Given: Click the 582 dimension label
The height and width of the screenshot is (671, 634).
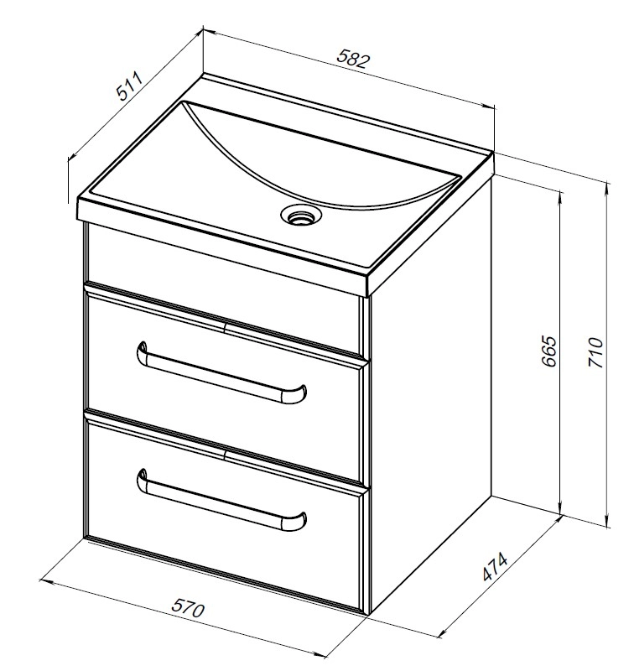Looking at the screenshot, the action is (352, 59).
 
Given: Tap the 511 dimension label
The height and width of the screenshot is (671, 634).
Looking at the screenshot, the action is (129, 86).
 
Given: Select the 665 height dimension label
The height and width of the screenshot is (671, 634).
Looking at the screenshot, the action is (548, 351).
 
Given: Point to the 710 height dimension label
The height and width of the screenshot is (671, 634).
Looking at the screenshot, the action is (595, 352).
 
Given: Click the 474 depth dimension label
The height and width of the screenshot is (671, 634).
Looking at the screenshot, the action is (495, 567).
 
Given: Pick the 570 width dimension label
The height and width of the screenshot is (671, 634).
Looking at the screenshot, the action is (188, 608).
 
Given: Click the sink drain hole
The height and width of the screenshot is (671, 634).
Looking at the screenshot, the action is (300, 215).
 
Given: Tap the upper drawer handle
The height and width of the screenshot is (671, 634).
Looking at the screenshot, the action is (221, 372).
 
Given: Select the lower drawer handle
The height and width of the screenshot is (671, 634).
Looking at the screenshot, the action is (221, 500).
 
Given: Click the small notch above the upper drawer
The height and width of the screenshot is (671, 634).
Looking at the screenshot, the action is (224, 329).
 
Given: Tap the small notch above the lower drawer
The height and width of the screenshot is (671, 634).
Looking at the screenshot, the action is (224, 455).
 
